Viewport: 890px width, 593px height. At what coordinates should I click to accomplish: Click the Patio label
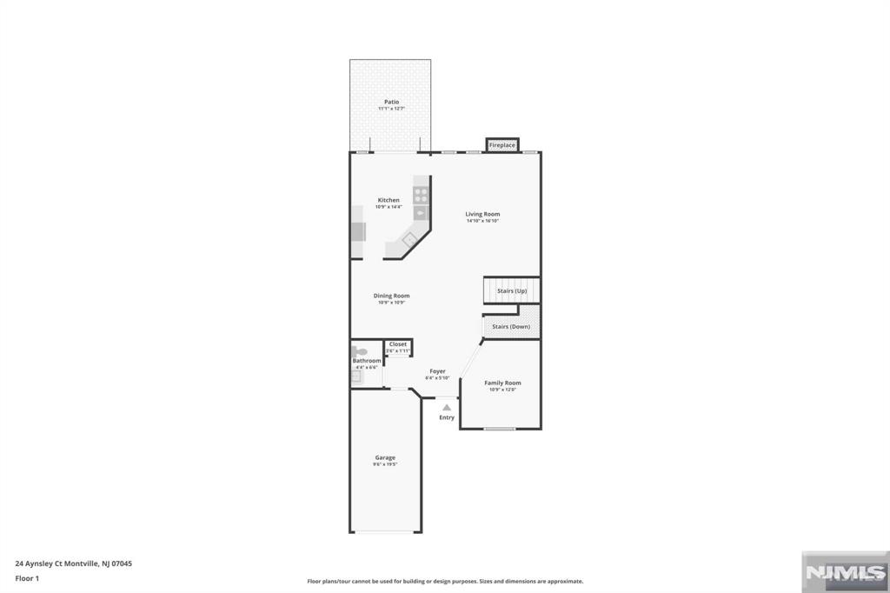pos(391,102)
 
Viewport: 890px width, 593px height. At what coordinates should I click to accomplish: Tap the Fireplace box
pos(501,145)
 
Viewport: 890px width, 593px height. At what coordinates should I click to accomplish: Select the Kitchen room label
pos(389,200)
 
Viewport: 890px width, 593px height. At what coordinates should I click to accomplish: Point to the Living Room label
pos(482,214)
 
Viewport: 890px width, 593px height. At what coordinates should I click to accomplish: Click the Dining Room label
pos(391,296)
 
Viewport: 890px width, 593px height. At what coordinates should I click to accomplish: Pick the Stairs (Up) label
pos(511,290)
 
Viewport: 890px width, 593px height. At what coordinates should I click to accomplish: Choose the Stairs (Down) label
pos(511,326)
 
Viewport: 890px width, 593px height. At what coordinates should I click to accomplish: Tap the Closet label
pos(398,344)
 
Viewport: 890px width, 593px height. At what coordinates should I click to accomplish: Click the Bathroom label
pos(366,361)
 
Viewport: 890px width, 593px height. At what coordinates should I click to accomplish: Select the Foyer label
pos(437,371)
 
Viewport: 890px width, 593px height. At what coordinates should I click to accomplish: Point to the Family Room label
pos(502,383)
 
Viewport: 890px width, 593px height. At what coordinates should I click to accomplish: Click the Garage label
pos(385,457)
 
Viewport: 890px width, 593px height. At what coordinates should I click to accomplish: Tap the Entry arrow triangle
pos(447,407)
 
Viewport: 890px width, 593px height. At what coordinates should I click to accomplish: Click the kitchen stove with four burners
pos(421,194)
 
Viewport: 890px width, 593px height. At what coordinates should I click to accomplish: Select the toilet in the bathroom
pos(359,352)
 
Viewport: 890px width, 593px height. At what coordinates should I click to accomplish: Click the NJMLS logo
pos(843,571)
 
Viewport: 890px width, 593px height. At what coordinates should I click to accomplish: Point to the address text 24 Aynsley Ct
pos(74,563)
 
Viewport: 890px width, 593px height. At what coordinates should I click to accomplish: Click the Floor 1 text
pos(29,578)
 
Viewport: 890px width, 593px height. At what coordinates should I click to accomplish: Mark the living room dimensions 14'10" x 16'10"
pos(482,221)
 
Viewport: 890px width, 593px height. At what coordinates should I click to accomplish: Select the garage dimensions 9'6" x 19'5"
pos(385,464)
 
